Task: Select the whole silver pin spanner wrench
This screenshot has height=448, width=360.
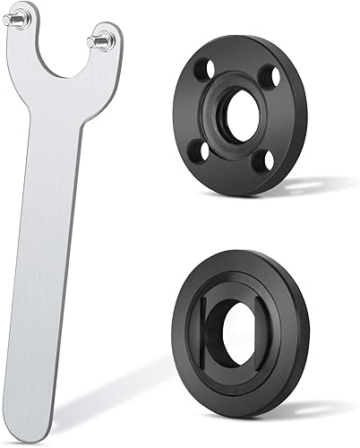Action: coord(58,179)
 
